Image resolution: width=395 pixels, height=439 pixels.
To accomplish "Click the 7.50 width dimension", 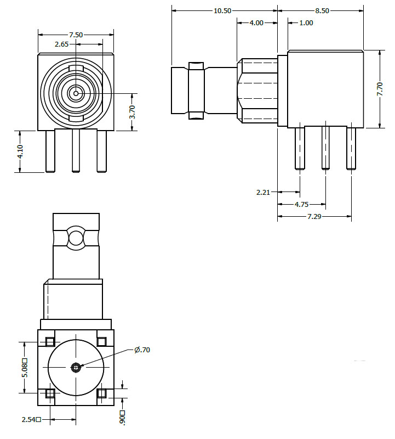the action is click(x=76, y=35).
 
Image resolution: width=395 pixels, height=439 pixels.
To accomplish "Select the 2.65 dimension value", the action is click(x=61, y=44).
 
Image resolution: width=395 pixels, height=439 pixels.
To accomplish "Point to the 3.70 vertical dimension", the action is click(x=132, y=112).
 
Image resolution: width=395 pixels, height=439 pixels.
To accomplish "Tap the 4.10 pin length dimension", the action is click(x=20, y=151).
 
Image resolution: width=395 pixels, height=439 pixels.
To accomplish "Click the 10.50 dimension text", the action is click(x=222, y=10).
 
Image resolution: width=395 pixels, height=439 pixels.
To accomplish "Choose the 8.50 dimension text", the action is click(x=322, y=10).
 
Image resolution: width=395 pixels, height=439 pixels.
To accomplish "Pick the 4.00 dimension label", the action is click(x=256, y=22).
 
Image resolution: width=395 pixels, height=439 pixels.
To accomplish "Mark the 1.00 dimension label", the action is click(x=306, y=22).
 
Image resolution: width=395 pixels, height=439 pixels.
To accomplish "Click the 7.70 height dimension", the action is click(x=380, y=89).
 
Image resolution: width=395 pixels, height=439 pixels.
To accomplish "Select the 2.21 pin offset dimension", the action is click(x=263, y=192).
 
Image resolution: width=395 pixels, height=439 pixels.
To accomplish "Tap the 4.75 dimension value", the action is click(x=302, y=204).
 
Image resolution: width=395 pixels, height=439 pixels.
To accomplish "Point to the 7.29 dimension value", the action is click(x=314, y=216).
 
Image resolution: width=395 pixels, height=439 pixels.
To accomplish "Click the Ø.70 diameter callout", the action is click(x=142, y=350).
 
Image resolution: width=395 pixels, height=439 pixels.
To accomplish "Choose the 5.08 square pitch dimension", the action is click(x=25, y=368).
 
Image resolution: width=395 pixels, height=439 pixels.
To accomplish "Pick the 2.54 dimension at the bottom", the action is click(x=31, y=419).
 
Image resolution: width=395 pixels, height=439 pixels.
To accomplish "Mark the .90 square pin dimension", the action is click(x=122, y=418).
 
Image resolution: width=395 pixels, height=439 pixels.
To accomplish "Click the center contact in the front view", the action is click(x=76, y=93).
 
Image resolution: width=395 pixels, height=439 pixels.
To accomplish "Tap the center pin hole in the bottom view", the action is click(x=76, y=367).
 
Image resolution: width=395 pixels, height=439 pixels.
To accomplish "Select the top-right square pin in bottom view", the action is click(x=101, y=341).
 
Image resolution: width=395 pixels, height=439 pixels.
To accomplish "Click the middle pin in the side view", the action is click(x=325, y=148).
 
